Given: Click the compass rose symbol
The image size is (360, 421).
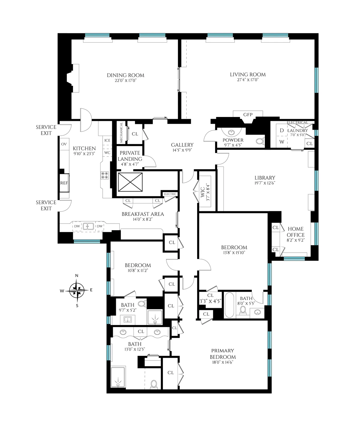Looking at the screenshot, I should pyautogui.click(x=77, y=290).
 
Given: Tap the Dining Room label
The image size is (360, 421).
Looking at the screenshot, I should pyautogui.click(x=125, y=75).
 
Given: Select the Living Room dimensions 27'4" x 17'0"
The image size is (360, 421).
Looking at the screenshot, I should pyautogui.click(x=248, y=80).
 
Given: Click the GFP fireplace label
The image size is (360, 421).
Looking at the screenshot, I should pyautogui.click(x=248, y=115).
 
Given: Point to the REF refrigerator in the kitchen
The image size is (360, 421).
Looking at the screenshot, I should pyautogui.click(x=64, y=183).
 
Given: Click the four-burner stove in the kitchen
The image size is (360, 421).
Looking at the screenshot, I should pyautogui.click(x=105, y=175).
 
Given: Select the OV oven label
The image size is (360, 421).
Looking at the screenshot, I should pyautogui.click(x=64, y=144).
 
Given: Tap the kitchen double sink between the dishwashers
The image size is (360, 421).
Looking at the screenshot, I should pyautogui.click(x=88, y=226).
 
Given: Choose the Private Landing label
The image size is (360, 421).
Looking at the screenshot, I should pyautogui.click(x=130, y=156).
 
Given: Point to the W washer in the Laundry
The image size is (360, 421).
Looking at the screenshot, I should pyautogui.click(x=282, y=142).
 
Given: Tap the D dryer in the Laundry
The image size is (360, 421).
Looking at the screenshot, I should pyautogui.click(x=282, y=131).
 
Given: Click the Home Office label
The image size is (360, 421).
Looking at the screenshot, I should pyautogui.click(x=295, y=232).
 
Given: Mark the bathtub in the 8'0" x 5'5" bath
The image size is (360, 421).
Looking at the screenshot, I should pyautogui.click(x=229, y=305).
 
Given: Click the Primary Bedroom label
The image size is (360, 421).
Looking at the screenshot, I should pyautogui.click(x=223, y=354).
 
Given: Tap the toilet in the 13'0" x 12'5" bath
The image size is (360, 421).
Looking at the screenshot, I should pyautogui.click(x=154, y=384).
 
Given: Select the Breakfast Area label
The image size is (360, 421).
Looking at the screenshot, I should pyautogui.click(x=143, y=214).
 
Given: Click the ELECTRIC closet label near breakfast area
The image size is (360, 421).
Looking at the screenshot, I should pyautogui.click(x=170, y=194).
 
